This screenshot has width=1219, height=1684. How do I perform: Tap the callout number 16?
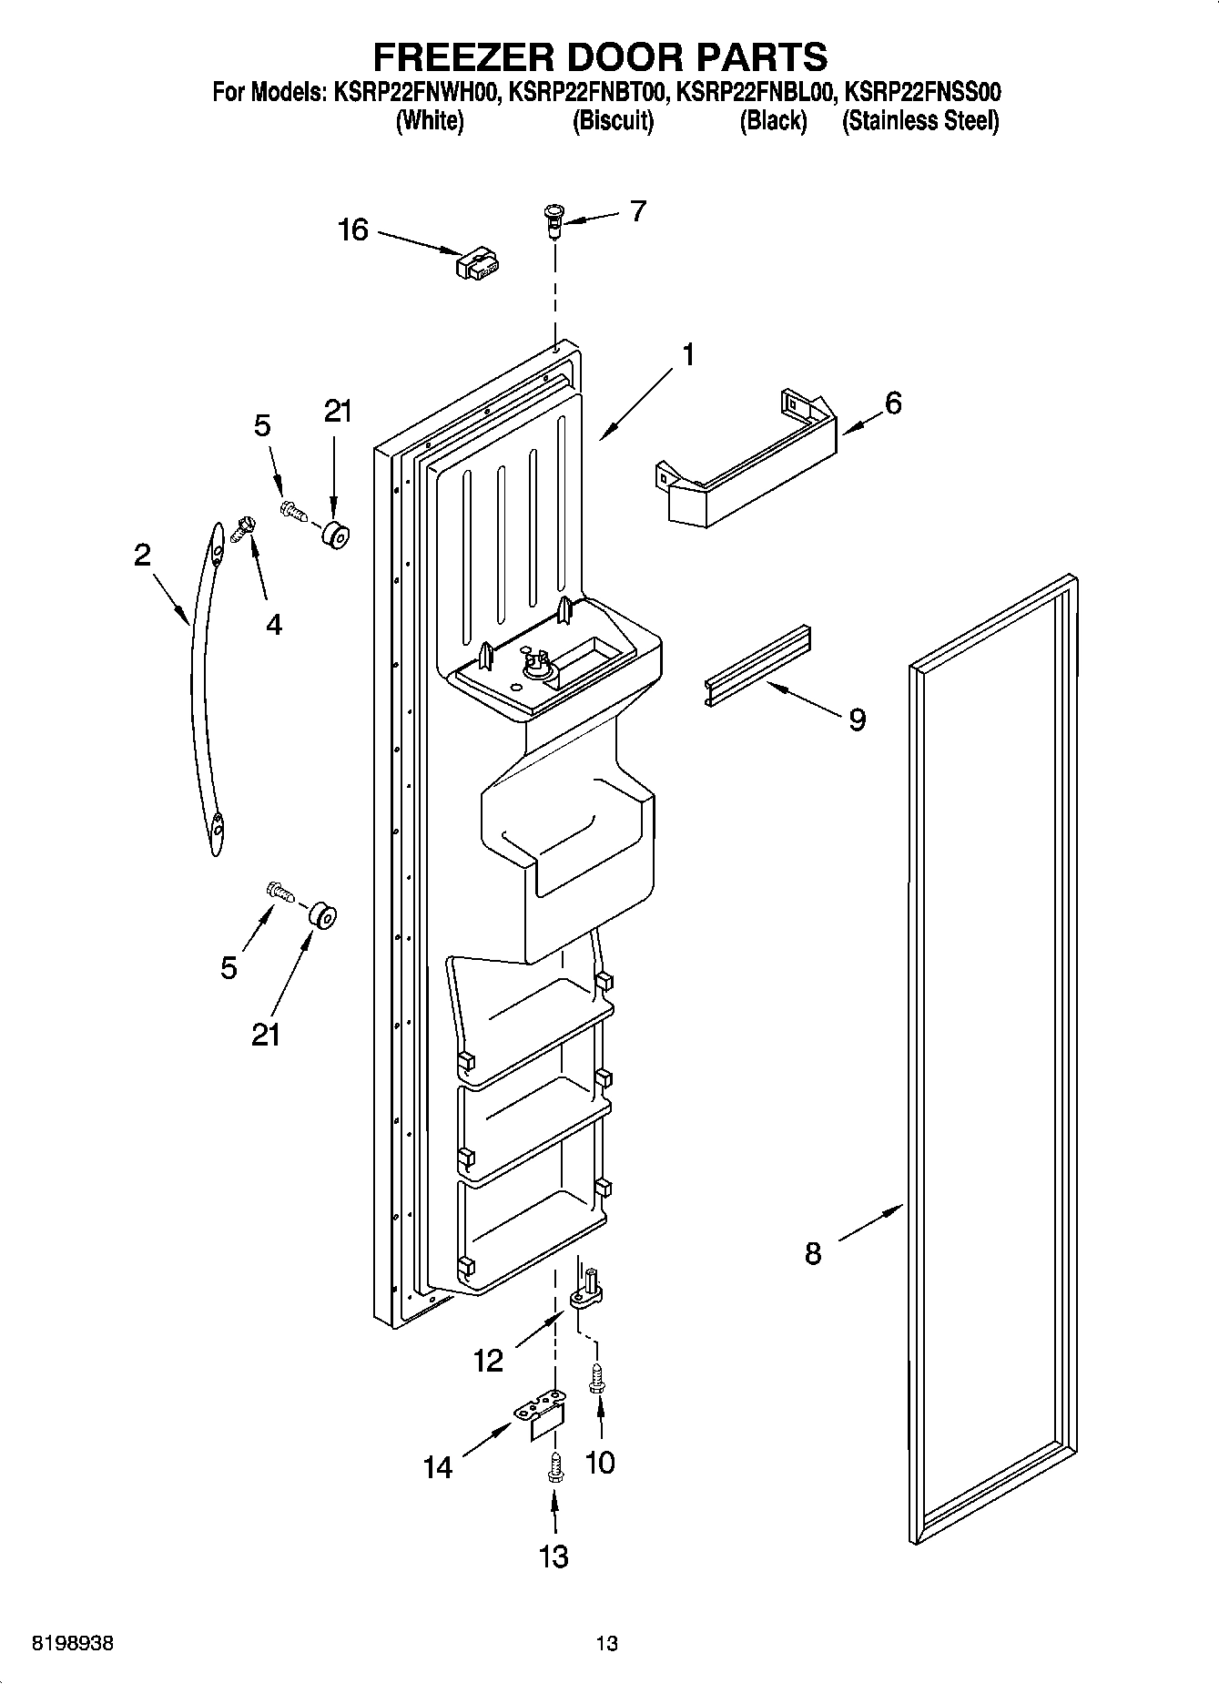353,230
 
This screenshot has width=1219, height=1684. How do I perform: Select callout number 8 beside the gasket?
813,1253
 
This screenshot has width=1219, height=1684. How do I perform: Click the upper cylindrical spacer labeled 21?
335,535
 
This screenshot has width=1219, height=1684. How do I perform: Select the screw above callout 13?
555,1466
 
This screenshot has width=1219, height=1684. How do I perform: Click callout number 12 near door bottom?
488,1361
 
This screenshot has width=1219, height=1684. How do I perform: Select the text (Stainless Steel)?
920,121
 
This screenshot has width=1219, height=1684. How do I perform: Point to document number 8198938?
73,1643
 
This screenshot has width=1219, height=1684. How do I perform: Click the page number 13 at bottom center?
607,1643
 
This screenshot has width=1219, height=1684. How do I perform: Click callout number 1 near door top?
689,354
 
